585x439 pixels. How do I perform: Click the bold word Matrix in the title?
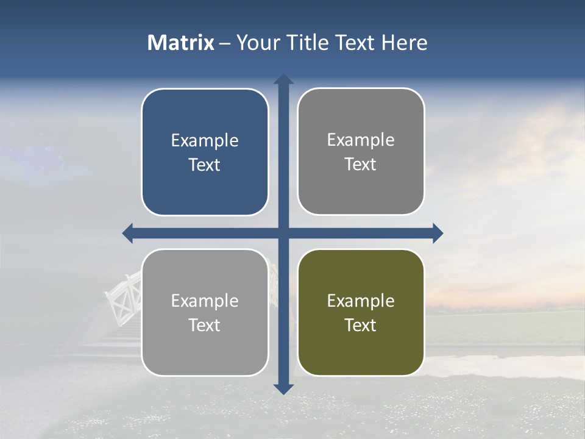(x=181, y=43)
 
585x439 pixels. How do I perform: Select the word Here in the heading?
(x=404, y=43)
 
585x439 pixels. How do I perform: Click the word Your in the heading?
(x=257, y=43)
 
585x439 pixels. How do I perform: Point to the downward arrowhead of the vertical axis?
(x=283, y=389)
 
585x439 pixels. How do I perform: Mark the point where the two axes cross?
(x=283, y=233)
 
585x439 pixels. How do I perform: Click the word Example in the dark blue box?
(x=205, y=141)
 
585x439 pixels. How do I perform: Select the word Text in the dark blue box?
(x=205, y=165)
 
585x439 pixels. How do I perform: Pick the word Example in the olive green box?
(x=361, y=301)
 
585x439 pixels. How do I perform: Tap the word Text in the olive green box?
(x=361, y=325)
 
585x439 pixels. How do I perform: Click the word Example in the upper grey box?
(x=361, y=140)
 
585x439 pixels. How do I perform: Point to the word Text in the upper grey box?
(x=361, y=165)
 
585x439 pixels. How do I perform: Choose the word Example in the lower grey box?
(x=205, y=301)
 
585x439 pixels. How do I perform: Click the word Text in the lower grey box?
(x=205, y=325)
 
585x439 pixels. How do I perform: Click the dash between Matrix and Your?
(x=225, y=43)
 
